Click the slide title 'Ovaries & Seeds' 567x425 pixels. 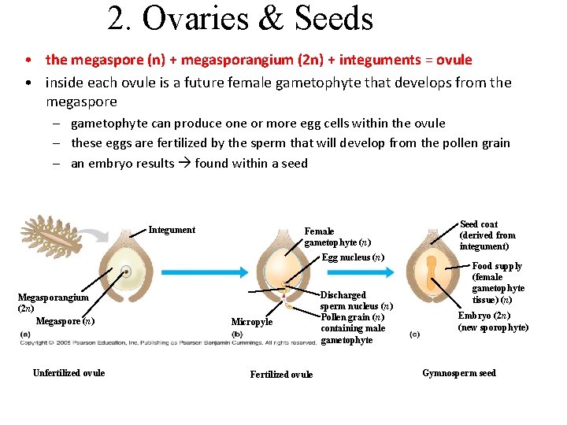point(240,19)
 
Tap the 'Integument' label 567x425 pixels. point(172,230)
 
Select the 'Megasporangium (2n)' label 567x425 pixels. point(53,303)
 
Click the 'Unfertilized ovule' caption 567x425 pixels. point(69,373)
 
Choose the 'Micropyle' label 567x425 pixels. point(251,322)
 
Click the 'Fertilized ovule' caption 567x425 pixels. point(281,375)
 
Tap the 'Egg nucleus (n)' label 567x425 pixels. point(353,257)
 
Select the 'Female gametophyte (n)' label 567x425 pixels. point(337,237)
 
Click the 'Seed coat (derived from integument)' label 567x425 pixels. point(487,235)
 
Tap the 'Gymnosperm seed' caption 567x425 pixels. point(459,373)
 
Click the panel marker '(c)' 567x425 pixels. point(415,334)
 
